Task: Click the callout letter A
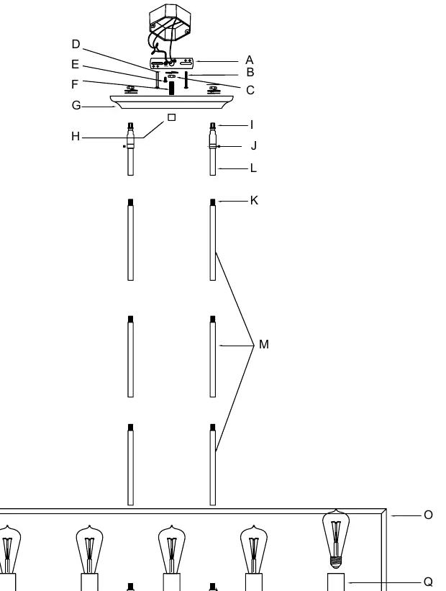(250, 60)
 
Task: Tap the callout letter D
(76, 44)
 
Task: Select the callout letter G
(76, 105)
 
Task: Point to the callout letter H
(76, 136)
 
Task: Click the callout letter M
(264, 344)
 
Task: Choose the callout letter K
(254, 200)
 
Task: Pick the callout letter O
(428, 515)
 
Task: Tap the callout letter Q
(428, 582)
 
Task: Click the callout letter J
(254, 145)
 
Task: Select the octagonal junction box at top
(170, 22)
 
